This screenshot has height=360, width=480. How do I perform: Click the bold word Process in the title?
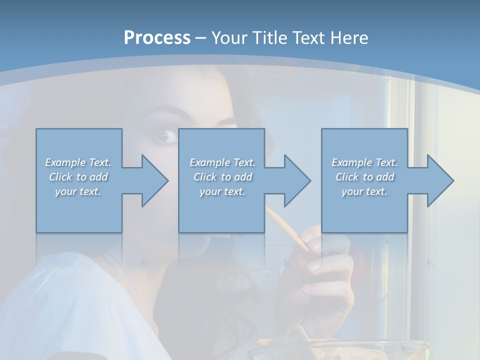157,38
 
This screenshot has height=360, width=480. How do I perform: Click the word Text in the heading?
308,38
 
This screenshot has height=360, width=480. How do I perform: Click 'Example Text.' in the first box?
78,162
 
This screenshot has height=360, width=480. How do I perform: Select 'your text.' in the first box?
78,191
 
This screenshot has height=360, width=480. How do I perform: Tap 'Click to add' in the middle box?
222,177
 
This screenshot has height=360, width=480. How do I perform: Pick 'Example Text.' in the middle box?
222,162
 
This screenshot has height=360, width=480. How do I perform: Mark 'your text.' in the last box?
364,191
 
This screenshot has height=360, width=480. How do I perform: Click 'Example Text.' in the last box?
364,162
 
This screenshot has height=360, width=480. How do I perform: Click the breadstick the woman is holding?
287,227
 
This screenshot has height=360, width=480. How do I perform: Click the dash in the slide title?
201,38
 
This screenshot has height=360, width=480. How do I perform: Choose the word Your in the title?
229,38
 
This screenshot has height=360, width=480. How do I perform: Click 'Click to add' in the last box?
364,177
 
